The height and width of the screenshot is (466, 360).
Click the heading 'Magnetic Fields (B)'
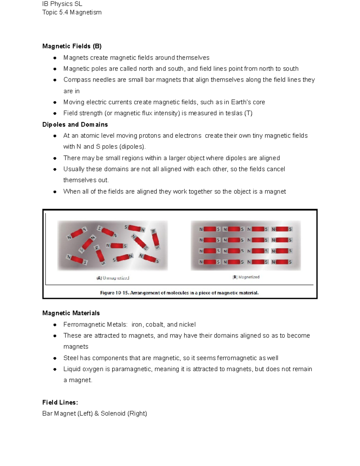(72, 46)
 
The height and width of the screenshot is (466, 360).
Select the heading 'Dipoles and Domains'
(75, 125)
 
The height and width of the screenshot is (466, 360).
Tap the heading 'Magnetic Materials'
(71, 313)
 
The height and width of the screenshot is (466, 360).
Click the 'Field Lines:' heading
(60, 402)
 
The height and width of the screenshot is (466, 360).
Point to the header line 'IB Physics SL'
(62, 4)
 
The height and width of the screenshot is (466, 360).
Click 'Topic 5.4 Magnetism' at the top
(72, 12)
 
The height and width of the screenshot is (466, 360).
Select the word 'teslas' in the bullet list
(234, 113)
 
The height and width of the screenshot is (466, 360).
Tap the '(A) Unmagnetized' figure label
(113, 278)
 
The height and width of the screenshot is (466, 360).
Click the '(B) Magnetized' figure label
(246, 277)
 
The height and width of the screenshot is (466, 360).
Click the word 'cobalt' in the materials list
(154, 325)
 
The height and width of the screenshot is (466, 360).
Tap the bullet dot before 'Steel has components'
(55, 358)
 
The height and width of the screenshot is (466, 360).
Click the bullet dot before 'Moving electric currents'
(55, 102)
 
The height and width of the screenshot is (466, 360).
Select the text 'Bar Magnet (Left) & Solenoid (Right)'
(94, 413)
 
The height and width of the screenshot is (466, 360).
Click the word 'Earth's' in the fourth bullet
(241, 102)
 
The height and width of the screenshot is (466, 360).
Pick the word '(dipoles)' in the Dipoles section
(132, 147)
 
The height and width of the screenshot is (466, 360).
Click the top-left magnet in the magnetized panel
(210, 229)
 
